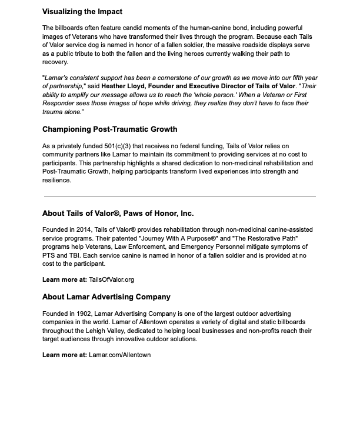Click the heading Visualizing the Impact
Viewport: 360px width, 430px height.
pyautogui.click(x=82, y=12)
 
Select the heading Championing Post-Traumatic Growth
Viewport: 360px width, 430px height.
pyautogui.click(x=109, y=129)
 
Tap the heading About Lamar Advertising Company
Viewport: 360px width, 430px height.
pyautogui.click(x=106, y=297)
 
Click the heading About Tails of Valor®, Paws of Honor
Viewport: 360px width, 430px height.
pyautogui.click(x=118, y=214)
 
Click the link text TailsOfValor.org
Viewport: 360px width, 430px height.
pyautogui.click(x=111, y=280)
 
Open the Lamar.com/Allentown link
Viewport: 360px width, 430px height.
pyautogui.click(x=119, y=355)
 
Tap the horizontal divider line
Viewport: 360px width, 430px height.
pyautogui.click(x=180, y=196)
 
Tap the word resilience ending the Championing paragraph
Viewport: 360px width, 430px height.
pyautogui.click(x=56, y=181)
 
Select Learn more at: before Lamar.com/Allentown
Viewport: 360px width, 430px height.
pyautogui.click(x=64, y=355)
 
